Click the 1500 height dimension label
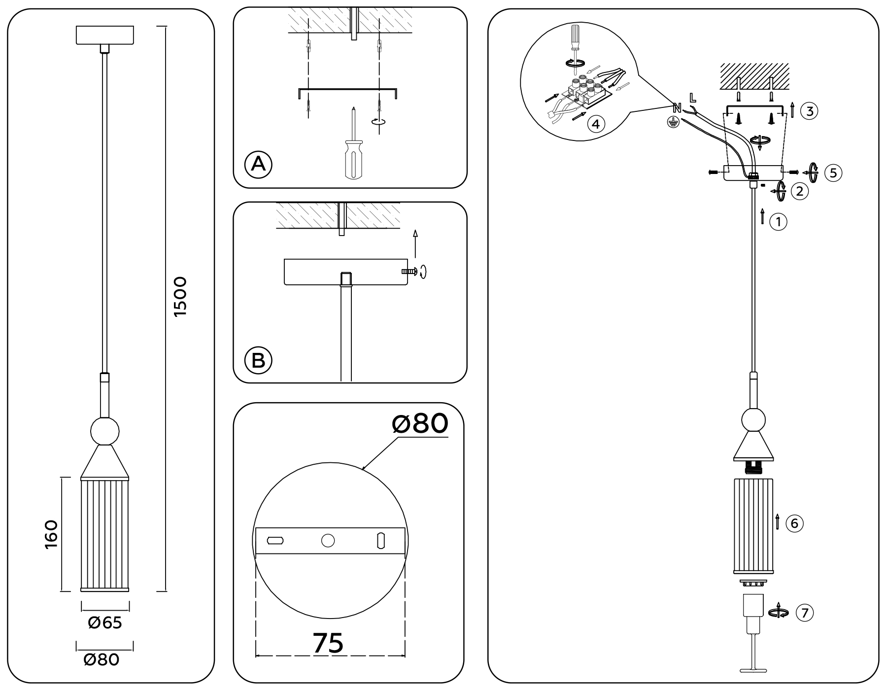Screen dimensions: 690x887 tap(180, 296)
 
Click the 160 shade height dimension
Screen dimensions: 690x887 tap(51, 534)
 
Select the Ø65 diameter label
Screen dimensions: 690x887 tap(105, 622)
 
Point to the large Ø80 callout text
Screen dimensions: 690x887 tap(420, 423)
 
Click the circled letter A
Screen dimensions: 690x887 tap(258, 164)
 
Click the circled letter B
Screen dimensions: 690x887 tap(258, 360)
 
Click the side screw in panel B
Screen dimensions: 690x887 tap(409, 271)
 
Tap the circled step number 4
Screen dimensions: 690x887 tap(596, 124)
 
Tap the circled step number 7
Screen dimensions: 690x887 tap(805, 613)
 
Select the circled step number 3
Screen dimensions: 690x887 tap(809, 111)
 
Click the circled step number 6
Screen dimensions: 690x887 tap(794, 523)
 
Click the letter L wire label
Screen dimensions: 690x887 tap(693, 97)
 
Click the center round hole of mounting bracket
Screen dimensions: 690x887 tap(328, 541)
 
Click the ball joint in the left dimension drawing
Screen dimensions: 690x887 tap(105, 431)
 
